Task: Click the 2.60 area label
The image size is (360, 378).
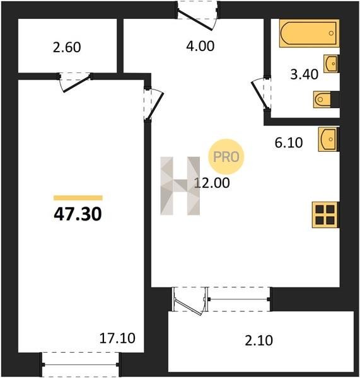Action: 67,47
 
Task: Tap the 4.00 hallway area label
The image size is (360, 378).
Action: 200,46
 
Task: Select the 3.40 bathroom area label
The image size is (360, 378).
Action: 305,74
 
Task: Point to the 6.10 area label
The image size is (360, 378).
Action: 289,142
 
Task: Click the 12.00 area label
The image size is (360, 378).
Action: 212,183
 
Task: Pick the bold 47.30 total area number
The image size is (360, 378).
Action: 78,214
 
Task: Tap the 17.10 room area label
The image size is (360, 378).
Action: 117,338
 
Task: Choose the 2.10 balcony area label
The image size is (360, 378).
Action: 258,341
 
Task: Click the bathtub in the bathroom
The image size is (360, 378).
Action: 310,33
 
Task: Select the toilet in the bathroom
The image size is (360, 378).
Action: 322,100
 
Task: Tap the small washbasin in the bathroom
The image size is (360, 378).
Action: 331,64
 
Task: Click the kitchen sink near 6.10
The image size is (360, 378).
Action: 328,139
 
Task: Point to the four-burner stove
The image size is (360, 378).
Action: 325,215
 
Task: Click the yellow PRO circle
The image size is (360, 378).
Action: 226,157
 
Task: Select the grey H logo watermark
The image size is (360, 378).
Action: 180,186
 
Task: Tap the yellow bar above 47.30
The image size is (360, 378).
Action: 78,198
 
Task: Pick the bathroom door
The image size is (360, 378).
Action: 261,94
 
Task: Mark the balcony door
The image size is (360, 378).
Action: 190,302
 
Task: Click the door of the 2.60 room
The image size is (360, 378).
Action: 75,82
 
